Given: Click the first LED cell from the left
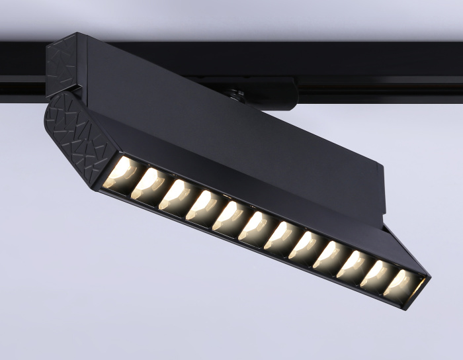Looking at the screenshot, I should [x=120, y=174].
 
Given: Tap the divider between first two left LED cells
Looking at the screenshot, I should [x=134, y=180].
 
